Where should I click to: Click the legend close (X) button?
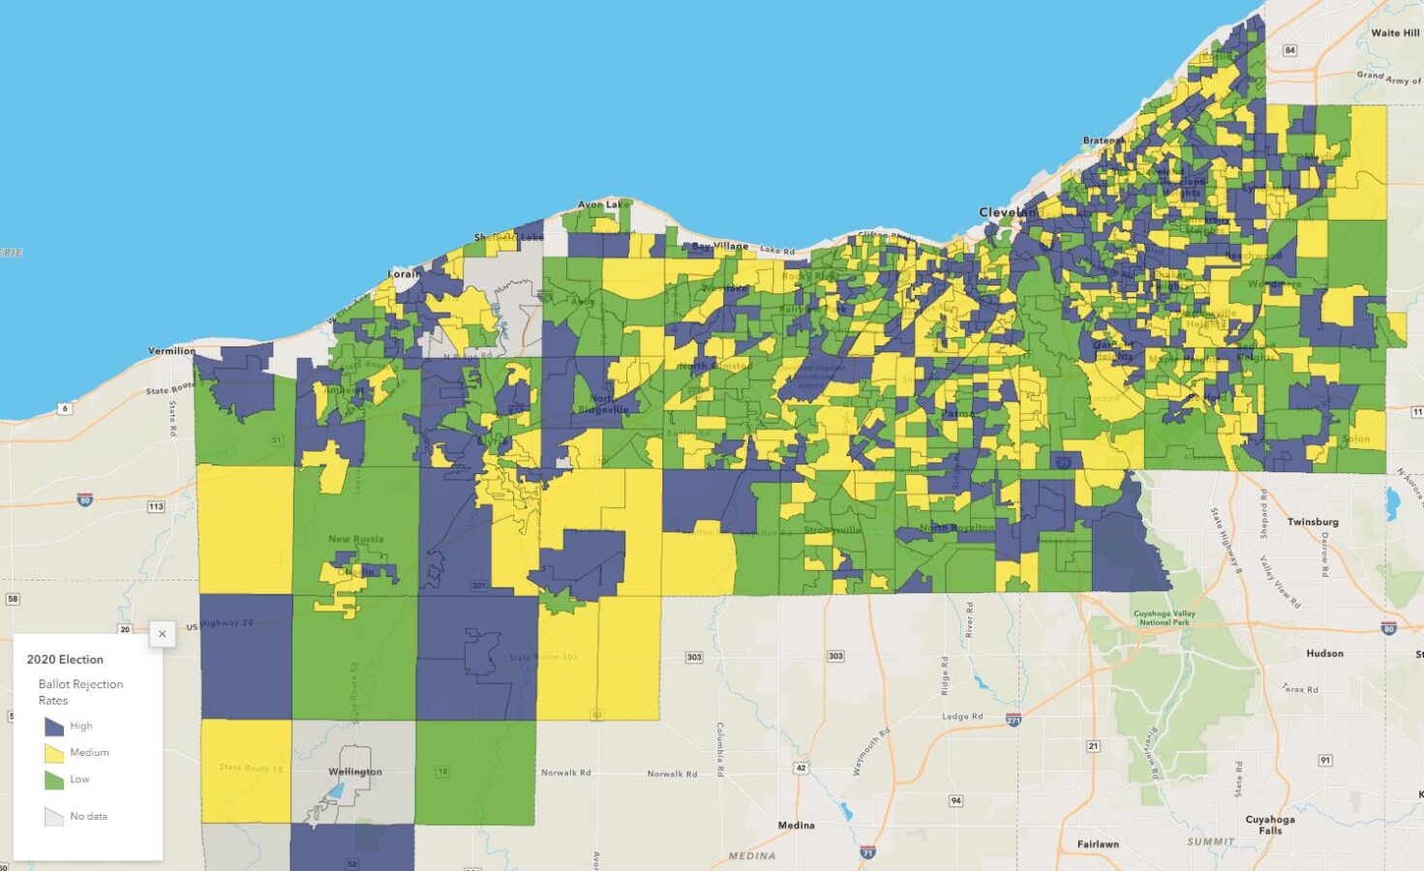162,634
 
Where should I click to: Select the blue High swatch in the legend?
54,726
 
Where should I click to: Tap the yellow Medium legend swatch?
54,753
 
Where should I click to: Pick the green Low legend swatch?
54,779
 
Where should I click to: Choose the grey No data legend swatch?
54,817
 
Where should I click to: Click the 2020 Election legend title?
65,659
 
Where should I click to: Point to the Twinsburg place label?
1313,522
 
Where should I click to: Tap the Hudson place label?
1324,653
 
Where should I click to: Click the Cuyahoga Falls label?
1270,825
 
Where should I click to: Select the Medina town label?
796,826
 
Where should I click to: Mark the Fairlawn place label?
1098,844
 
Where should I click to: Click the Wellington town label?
355,771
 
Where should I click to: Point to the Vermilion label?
171,350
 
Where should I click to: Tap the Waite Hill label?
1394,33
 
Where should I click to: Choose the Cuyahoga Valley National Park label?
1164,617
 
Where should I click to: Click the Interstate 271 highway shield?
1014,720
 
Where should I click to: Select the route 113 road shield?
155,506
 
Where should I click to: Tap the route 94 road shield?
955,800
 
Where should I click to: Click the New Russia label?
355,539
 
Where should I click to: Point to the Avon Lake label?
603,205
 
